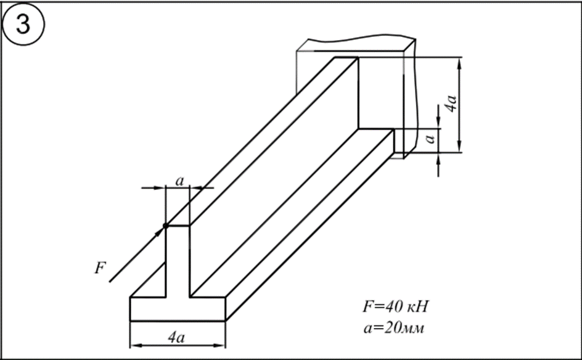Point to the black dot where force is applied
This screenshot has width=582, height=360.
coord(165,226)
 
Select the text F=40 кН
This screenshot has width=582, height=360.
coord(393,306)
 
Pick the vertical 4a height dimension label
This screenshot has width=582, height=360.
coord(451,103)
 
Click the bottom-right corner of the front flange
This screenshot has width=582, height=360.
coord(226,321)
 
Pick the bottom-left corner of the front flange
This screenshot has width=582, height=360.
coord(129,321)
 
